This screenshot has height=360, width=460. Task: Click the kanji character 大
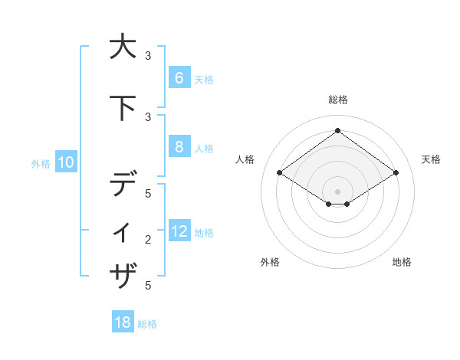click(x=123, y=46)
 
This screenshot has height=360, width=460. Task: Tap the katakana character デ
click(x=123, y=185)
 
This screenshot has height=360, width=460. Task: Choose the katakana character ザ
click(x=123, y=273)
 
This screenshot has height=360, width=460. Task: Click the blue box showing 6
click(x=179, y=77)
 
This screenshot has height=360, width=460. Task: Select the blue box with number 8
click(x=179, y=147)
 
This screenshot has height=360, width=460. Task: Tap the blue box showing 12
click(x=179, y=232)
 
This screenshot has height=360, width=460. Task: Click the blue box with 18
click(x=123, y=322)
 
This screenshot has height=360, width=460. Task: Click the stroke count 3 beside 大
click(x=148, y=56)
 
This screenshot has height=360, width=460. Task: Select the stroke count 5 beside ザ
click(x=148, y=285)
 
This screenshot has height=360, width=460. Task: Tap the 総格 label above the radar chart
click(x=337, y=100)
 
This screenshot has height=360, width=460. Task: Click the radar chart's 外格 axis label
click(x=270, y=262)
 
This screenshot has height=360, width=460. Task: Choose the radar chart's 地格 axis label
click(x=402, y=262)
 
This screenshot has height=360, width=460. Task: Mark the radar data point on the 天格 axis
click(x=396, y=173)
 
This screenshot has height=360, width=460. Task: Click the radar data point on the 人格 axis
click(x=279, y=173)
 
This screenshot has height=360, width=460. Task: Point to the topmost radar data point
click(x=337, y=131)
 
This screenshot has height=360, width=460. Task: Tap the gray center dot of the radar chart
click(x=337, y=191)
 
